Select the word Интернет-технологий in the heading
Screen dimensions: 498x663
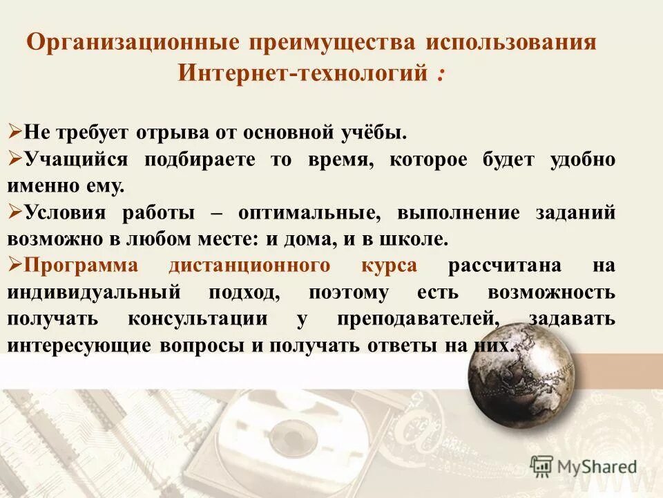point(301,72)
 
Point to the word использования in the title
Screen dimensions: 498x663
point(510,42)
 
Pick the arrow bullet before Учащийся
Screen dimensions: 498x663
point(15,158)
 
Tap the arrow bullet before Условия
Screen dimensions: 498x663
point(15,212)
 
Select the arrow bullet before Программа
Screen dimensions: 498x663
point(15,265)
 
